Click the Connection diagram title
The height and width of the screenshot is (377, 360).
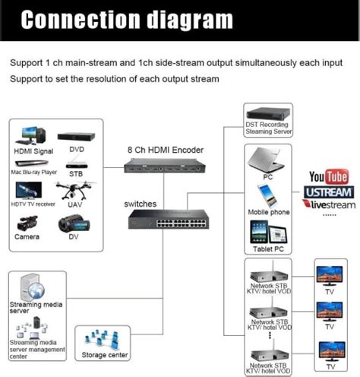126,18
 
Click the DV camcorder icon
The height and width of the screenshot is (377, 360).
74,223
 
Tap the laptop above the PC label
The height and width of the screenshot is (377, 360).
266,160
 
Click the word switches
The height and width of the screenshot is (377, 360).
140,204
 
